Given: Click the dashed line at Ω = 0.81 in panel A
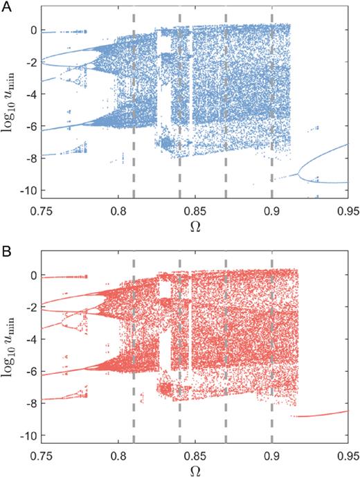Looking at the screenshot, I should [x=134, y=104].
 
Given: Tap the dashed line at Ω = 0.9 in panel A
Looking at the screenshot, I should [x=271, y=104].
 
